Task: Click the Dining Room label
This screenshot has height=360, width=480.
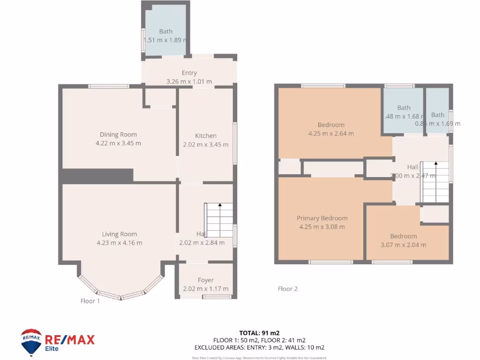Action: pyautogui.click(x=118, y=135)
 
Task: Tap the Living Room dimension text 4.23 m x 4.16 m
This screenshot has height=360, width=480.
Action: pyautogui.click(x=119, y=243)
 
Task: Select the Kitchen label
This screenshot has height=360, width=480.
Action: pyautogui.click(x=205, y=135)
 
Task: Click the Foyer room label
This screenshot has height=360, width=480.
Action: pyautogui.click(x=205, y=280)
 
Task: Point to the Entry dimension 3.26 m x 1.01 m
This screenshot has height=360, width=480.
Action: pyautogui.click(x=189, y=82)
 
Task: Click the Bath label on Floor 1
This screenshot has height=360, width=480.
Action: pyautogui.click(x=165, y=31)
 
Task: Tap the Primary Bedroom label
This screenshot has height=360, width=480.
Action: pyautogui.click(x=322, y=218)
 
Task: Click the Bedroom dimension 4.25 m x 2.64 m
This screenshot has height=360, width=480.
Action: pyautogui.click(x=331, y=134)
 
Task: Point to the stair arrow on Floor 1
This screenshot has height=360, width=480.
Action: pyautogui.click(x=220, y=205)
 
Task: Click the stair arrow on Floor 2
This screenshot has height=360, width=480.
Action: pyautogui.click(x=436, y=164)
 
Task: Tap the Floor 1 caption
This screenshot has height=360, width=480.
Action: pyautogui.click(x=90, y=301)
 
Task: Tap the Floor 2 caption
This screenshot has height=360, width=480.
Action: pyautogui.click(x=287, y=289)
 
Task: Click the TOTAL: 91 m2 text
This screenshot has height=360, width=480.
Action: pyautogui.click(x=259, y=333)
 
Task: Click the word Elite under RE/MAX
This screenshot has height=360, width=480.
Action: pyautogui.click(x=52, y=349)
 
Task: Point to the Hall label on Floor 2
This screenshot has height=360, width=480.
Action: pyautogui.click(x=412, y=167)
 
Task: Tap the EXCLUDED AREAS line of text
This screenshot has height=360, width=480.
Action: pyautogui.click(x=259, y=348)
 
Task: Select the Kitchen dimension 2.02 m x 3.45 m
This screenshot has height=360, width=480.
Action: pyautogui.click(x=205, y=144)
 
